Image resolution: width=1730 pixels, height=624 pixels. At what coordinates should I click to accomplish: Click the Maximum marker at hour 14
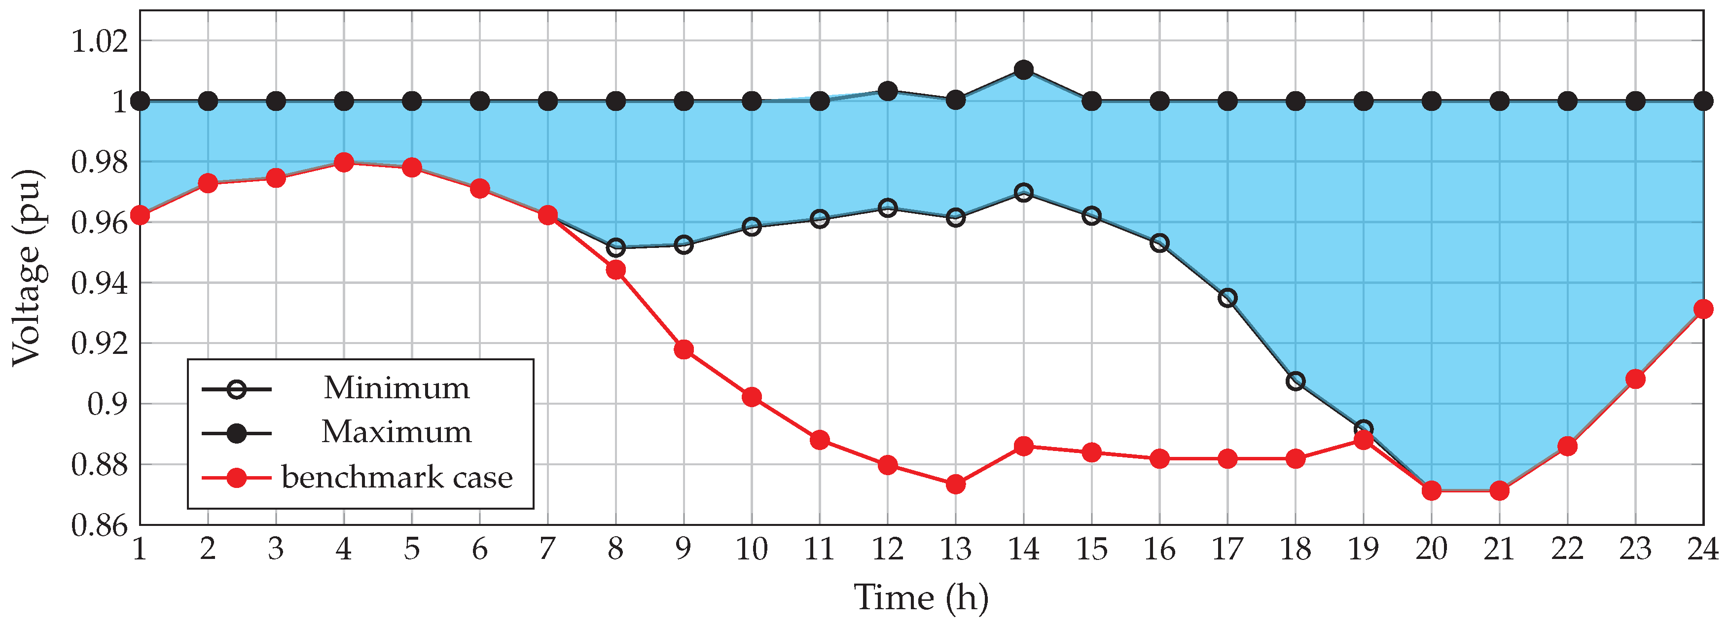1023,70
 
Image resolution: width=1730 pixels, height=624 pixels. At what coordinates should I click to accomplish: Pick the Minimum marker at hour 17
1227,298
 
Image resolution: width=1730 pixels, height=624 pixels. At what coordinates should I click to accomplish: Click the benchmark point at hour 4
344,162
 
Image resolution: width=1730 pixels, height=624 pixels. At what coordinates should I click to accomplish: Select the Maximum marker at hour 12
888,91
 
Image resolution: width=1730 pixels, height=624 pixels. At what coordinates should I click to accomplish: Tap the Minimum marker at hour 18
1296,381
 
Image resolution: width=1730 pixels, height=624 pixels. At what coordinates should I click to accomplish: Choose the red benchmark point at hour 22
1567,446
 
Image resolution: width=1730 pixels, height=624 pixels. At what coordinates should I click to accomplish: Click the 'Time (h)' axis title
921,598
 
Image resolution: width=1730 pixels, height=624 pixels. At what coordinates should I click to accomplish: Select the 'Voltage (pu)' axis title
28,269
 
